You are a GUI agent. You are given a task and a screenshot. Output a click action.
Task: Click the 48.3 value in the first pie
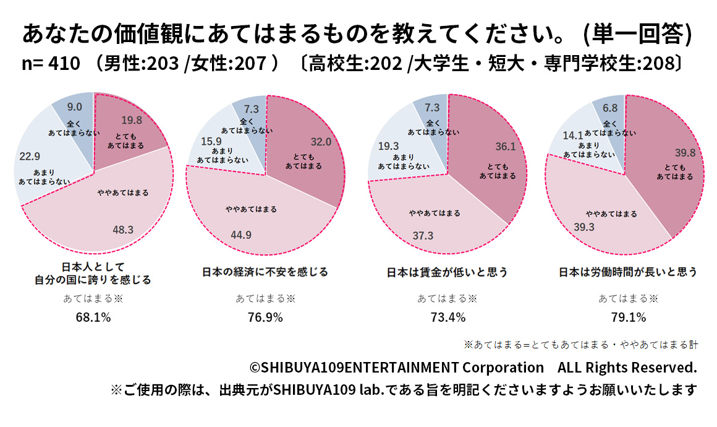(x=123, y=230)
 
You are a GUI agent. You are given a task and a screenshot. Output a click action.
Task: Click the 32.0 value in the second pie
(x=321, y=142)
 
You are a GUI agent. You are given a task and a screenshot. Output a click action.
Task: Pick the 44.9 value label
(x=242, y=235)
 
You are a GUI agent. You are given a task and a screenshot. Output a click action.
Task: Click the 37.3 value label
(x=423, y=236)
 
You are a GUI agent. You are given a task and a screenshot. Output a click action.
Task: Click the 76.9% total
(x=265, y=317)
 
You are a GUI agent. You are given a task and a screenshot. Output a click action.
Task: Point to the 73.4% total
(x=448, y=317)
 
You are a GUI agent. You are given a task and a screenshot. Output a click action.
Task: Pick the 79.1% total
(x=628, y=317)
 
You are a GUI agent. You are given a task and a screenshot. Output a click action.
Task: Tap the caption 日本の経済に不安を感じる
(x=265, y=272)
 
